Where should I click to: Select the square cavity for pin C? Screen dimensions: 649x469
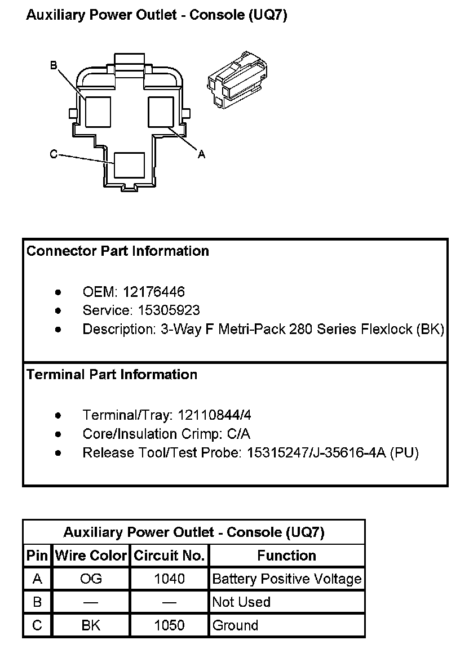(129, 166)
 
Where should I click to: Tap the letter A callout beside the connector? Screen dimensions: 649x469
(201, 154)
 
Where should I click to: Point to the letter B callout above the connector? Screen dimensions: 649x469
(54, 66)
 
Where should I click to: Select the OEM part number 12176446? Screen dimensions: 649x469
(153, 292)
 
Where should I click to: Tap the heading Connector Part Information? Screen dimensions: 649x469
(118, 251)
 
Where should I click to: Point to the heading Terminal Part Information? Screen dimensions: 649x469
(112, 375)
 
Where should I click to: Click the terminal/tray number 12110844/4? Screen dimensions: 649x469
(214, 415)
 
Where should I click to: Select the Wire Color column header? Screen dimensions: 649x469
(91, 556)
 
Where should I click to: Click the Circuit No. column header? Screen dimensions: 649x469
(169, 556)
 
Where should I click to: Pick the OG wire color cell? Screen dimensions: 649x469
(91, 579)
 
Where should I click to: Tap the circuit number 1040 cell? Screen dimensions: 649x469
(169, 579)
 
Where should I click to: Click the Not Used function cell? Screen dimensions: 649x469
(241, 602)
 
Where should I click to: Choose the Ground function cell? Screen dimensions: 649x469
(236, 625)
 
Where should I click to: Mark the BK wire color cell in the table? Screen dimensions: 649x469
(91, 625)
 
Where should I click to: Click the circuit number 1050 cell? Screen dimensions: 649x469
(169, 625)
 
